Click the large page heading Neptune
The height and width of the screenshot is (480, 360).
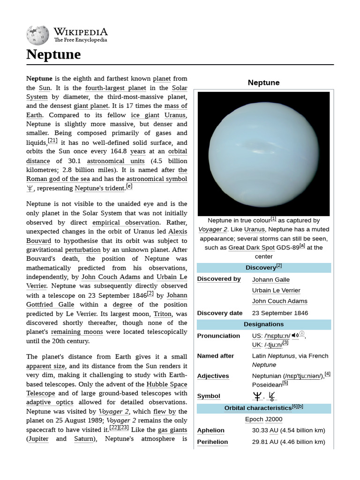(x=53, y=54)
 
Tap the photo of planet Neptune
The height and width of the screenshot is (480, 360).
(x=263, y=153)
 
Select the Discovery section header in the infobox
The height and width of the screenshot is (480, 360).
(x=263, y=268)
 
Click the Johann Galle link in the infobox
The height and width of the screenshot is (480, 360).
(x=270, y=279)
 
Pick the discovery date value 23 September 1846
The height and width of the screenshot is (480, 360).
(x=279, y=313)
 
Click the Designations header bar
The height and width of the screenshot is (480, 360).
(x=263, y=324)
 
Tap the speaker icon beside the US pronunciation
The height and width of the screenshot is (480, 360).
(x=295, y=335)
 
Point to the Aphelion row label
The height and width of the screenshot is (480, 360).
(x=210, y=430)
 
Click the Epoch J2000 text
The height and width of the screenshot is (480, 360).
(x=263, y=419)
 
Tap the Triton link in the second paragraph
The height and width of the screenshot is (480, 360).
(x=163, y=314)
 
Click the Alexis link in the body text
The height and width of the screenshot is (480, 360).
(x=177, y=232)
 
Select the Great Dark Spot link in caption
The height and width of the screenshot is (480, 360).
(x=251, y=247)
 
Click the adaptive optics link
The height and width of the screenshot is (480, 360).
(x=50, y=402)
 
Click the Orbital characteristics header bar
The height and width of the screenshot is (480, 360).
(x=263, y=408)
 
